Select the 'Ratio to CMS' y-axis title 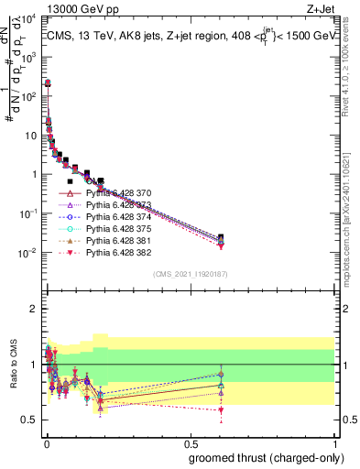click(x=15, y=376)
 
